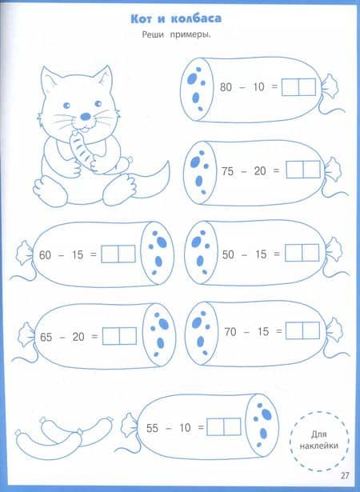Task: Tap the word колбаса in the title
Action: (196, 18)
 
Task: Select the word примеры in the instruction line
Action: (190, 34)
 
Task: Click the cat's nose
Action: (86, 117)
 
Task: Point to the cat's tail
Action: (154, 181)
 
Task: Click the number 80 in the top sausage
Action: (226, 87)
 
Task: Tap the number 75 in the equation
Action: (228, 171)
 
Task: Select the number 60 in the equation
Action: (45, 255)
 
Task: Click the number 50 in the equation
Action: (228, 254)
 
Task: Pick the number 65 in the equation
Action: (46, 338)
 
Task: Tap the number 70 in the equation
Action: (230, 332)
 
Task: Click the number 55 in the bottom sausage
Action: (152, 428)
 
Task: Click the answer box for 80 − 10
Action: (298, 87)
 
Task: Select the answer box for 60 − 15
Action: (118, 254)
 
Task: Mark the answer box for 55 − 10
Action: (224, 426)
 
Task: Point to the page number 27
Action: (345, 476)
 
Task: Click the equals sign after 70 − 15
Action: (278, 331)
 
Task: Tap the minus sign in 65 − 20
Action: (62, 338)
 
